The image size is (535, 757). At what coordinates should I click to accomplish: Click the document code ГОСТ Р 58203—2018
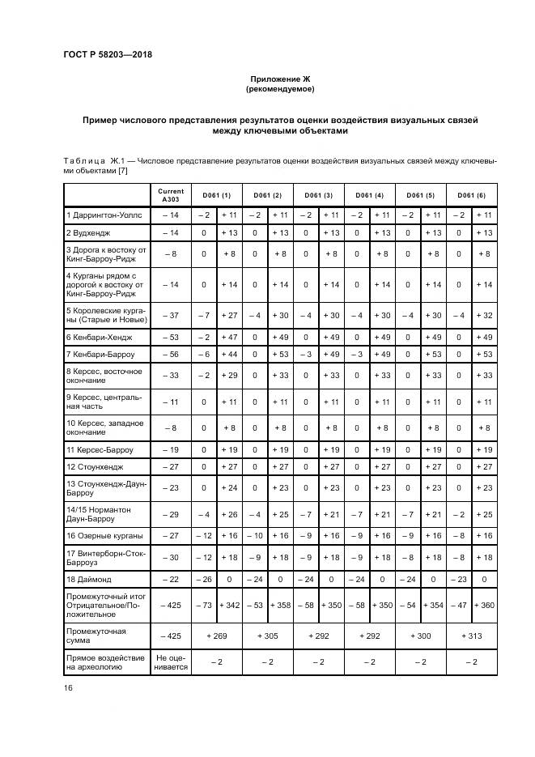coord(108,55)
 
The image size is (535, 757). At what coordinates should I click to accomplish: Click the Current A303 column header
coord(171,195)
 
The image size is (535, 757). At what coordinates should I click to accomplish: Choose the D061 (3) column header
coord(318,195)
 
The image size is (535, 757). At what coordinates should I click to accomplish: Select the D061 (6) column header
coord(472,195)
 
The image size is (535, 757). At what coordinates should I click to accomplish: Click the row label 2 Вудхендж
coord(89,232)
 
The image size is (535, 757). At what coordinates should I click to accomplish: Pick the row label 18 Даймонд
coord(90,580)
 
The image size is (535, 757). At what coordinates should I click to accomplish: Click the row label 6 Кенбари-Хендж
coord(99,336)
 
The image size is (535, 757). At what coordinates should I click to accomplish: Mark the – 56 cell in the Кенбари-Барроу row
coord(170,355)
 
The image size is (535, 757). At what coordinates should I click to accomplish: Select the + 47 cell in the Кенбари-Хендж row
coord(229,336)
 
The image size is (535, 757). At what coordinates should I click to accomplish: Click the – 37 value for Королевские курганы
coord(170,314)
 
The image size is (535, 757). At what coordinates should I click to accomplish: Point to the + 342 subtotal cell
coord(229,606)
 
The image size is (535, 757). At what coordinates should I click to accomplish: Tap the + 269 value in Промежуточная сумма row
coord(216,636)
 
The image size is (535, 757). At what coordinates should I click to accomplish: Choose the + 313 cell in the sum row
coord(472,636)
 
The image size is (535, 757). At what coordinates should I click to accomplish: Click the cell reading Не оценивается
coord(171,662)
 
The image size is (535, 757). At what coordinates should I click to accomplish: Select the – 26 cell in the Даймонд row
coord(203,580)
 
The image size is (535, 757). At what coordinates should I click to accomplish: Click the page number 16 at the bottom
coord(67,687)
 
